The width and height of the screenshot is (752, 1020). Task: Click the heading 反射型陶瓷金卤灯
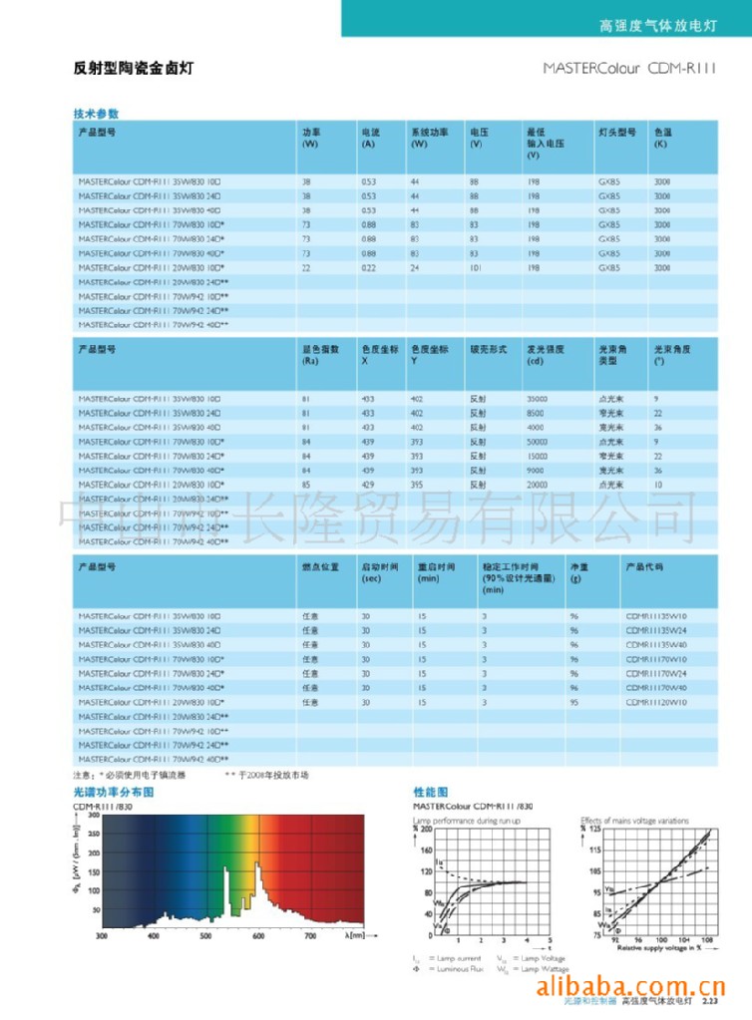133,69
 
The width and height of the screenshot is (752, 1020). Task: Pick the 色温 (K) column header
662,138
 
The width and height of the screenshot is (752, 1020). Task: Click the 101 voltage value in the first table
475,267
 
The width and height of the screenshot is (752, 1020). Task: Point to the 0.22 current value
368,267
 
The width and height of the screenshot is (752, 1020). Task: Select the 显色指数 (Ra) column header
321,355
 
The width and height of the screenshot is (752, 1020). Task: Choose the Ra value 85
306,484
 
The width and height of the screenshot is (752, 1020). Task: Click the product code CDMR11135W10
656,616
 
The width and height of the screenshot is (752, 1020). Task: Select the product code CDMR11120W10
656,702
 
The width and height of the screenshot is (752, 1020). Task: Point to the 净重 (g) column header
578,566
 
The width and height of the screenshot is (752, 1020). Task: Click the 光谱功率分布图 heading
113,791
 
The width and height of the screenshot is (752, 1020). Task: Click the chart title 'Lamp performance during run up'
467,820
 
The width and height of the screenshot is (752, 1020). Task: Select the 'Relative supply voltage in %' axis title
648,948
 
